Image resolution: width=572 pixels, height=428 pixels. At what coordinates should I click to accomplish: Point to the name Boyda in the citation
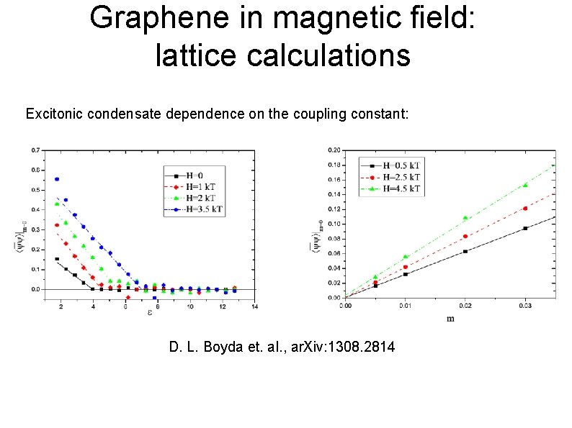225,347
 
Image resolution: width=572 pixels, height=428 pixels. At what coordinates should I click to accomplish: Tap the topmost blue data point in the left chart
57,179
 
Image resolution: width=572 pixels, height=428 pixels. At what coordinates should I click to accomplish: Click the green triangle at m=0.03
525,185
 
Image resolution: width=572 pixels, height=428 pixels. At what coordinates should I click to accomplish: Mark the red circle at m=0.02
465,236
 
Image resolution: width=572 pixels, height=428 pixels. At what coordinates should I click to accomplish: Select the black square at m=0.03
525,228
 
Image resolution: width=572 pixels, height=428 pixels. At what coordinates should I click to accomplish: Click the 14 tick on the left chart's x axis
254,308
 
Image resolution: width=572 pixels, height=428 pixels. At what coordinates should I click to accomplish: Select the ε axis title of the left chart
149,312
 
